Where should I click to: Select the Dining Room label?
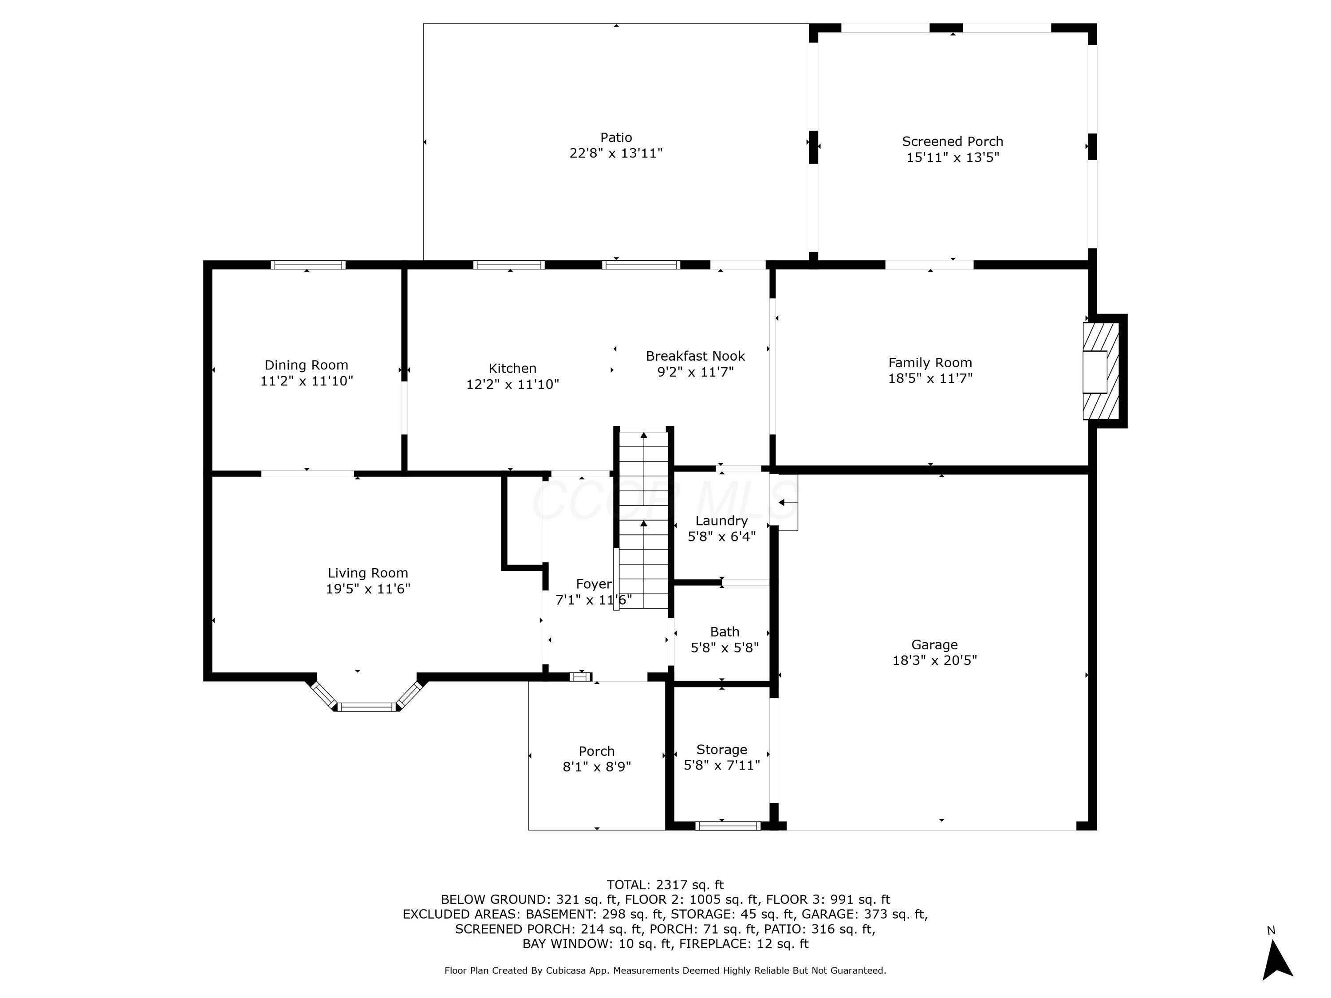(x=306, y=365)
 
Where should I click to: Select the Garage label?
(x=934, y=644)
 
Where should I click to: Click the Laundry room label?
(x=721, y=521)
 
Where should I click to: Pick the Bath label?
(x=725, y=632)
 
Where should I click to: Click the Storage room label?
(x=721, y=750)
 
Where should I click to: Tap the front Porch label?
(x=596, y=751)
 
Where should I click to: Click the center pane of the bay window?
(x=367, y=707)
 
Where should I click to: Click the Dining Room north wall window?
(x=307, y=265)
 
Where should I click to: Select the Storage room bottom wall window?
(x=728, y=826)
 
